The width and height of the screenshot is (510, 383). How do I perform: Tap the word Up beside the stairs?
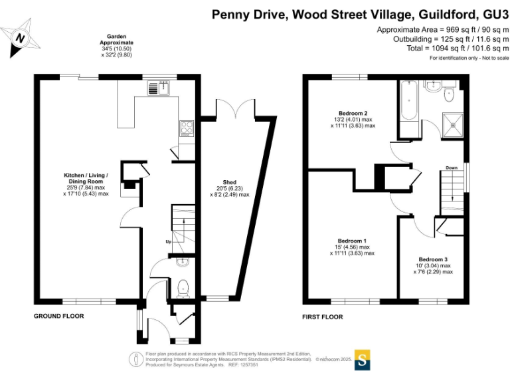[169, 241]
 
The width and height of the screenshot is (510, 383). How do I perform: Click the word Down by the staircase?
[452, 168]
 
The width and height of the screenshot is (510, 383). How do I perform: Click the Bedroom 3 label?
[433, 259]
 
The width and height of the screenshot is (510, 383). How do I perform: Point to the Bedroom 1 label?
[352, 240]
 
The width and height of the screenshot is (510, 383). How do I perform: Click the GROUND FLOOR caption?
[59, 317]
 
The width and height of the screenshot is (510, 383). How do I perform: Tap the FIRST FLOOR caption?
[322, 317]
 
